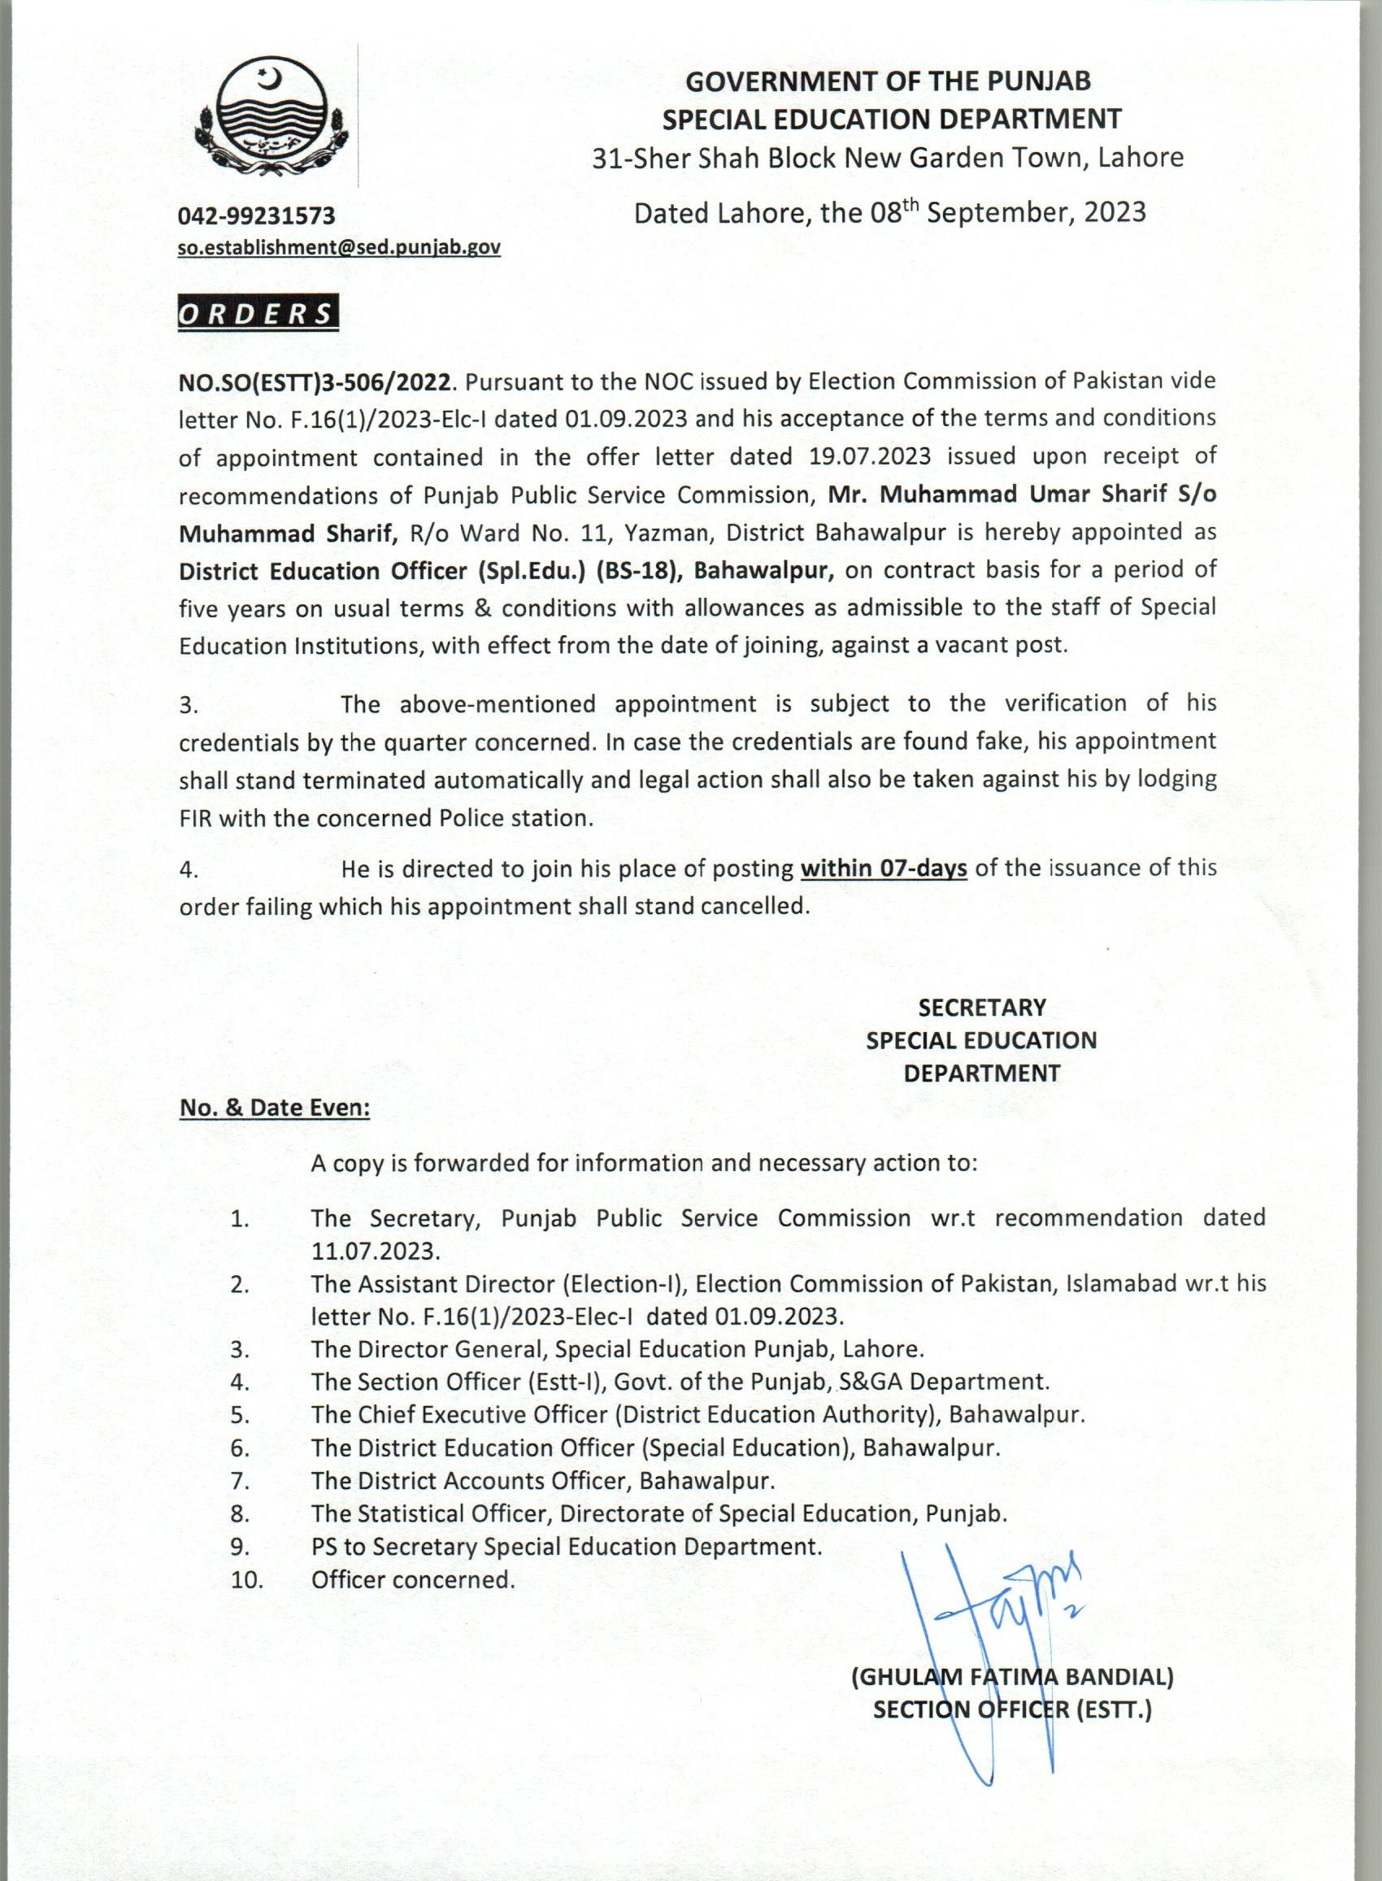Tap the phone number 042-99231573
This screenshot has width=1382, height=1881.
click(256, 216)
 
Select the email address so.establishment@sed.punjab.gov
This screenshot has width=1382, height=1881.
click(339, 248)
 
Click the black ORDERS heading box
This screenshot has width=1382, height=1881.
click(259, 313)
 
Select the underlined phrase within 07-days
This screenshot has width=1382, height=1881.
click(884, 869)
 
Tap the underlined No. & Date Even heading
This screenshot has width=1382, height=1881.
click(275, 1108)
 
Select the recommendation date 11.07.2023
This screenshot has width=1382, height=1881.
click(375, 1251)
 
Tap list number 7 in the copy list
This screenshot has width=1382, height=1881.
click(240, 1481)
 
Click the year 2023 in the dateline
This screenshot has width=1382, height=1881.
click(1115, 212)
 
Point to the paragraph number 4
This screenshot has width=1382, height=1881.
click(189, 870)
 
